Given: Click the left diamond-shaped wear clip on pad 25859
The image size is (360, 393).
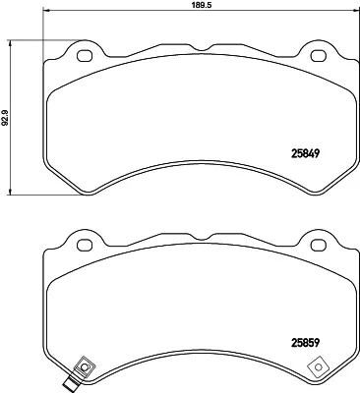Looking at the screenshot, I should [84, 368].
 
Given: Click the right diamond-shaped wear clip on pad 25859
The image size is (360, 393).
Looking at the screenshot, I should [318, 368].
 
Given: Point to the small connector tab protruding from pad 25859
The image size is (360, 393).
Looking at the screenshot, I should [70, 383].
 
